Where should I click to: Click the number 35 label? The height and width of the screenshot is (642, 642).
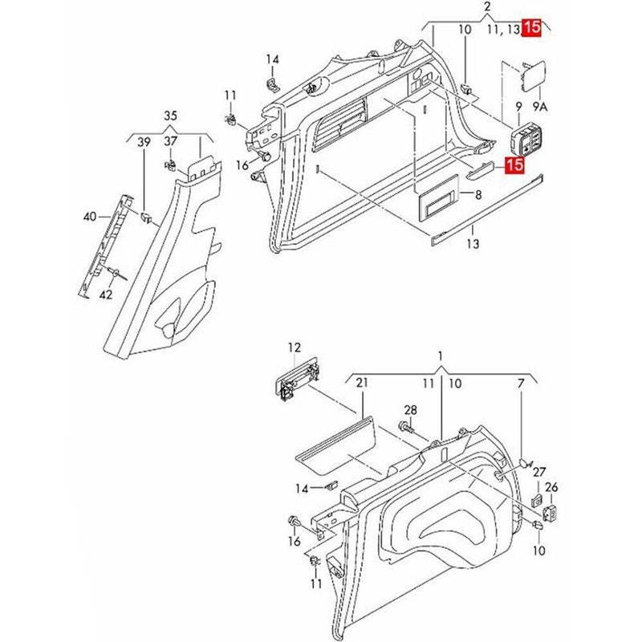point(170,115)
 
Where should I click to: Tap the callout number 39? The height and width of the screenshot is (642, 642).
point(144,142)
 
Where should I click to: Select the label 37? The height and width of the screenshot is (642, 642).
point(170,142)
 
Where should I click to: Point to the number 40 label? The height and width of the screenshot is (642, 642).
point(90,217)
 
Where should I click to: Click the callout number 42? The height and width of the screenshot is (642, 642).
point(105,295)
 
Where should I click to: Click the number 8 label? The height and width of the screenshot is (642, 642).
point(478,195)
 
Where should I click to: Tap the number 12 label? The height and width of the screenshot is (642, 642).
point(295,347)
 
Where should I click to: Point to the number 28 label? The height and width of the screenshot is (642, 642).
point(411,410)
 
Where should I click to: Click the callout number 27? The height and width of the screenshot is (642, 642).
point(539,472)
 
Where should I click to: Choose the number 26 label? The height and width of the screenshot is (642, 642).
point(551,487)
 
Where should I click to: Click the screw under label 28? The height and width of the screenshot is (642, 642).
point(406,430)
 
